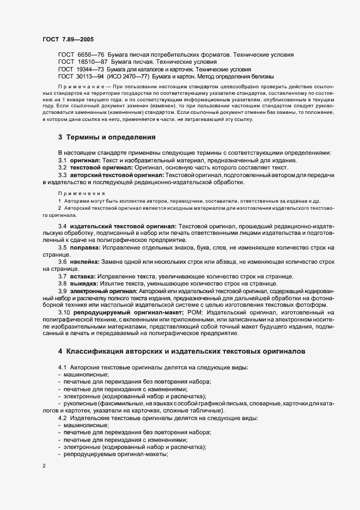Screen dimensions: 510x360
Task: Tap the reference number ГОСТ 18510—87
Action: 78,62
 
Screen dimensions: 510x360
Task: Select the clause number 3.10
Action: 64,313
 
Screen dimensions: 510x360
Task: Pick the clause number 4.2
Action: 63,417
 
